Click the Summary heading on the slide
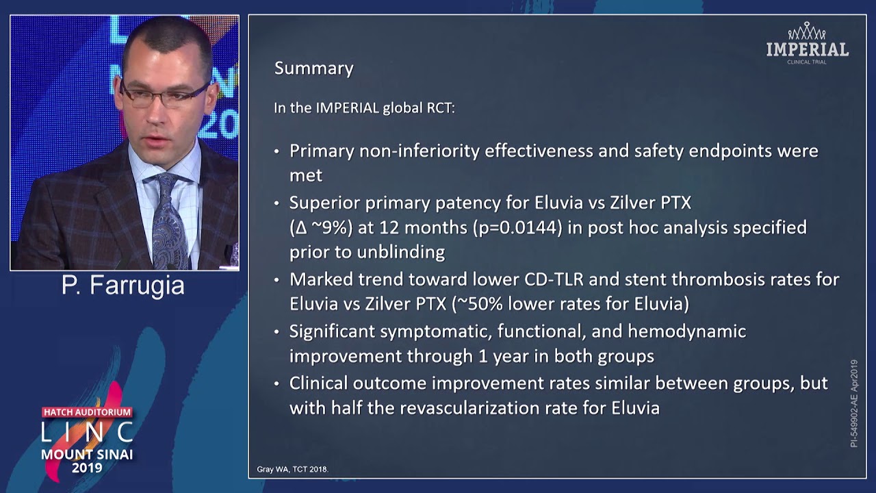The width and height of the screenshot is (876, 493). (x=313, y=68)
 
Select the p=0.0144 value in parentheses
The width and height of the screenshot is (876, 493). (x=517, y=227)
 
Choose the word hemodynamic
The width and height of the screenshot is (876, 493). (x=686, y=331)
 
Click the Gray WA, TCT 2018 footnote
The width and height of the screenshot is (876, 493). (x=292, y=469)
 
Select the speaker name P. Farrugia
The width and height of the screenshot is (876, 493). (x=123, y=285)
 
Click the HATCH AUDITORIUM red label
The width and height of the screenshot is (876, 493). (x=87, y=412)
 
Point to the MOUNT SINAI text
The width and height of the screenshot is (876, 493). (x=87, y=454)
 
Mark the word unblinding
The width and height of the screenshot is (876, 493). (x=404, y=253)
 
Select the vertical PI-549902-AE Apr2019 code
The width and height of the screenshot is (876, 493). (x=854, y=403)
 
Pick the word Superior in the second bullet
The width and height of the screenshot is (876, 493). (x=321, y=203)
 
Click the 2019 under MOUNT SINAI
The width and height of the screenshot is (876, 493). (x=87, y=468)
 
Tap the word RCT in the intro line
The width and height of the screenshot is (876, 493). (x=440, y=108)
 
